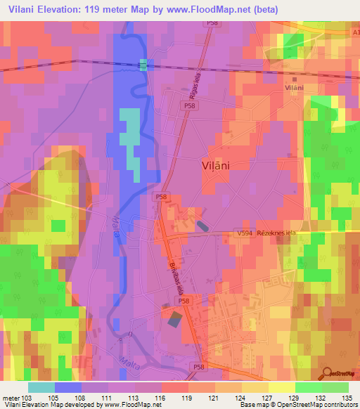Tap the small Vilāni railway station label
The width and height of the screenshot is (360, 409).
(x=294, y=87)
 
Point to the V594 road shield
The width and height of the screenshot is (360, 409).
(x=243, y=233)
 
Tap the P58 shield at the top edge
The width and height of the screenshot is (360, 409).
(x=211, y=24)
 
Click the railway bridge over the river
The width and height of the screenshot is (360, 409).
(x=143, y=65)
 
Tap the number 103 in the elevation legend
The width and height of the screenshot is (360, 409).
(x=27, y=397)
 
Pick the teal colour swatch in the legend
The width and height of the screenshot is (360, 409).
(x=41, y=387)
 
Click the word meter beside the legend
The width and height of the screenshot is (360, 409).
(x=10, y=397)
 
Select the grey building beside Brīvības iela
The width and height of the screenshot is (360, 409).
(x=174, y=318)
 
